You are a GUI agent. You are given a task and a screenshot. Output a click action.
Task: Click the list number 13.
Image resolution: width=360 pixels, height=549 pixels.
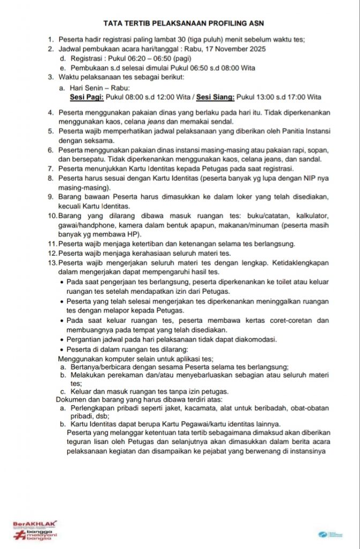pyautogui.click(x=52, y=263)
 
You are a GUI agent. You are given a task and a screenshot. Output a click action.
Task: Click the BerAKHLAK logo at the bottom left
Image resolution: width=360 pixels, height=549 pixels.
pyautogui.click(x=35, y=530)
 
